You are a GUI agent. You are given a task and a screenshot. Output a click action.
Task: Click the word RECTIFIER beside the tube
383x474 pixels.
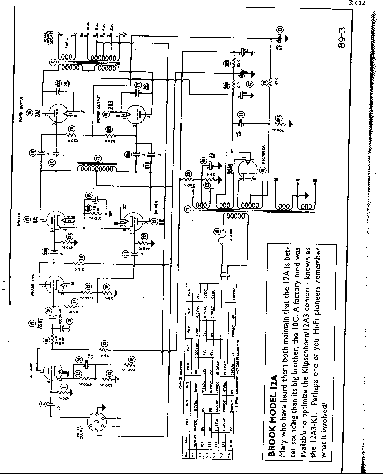[x=263, y=154]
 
